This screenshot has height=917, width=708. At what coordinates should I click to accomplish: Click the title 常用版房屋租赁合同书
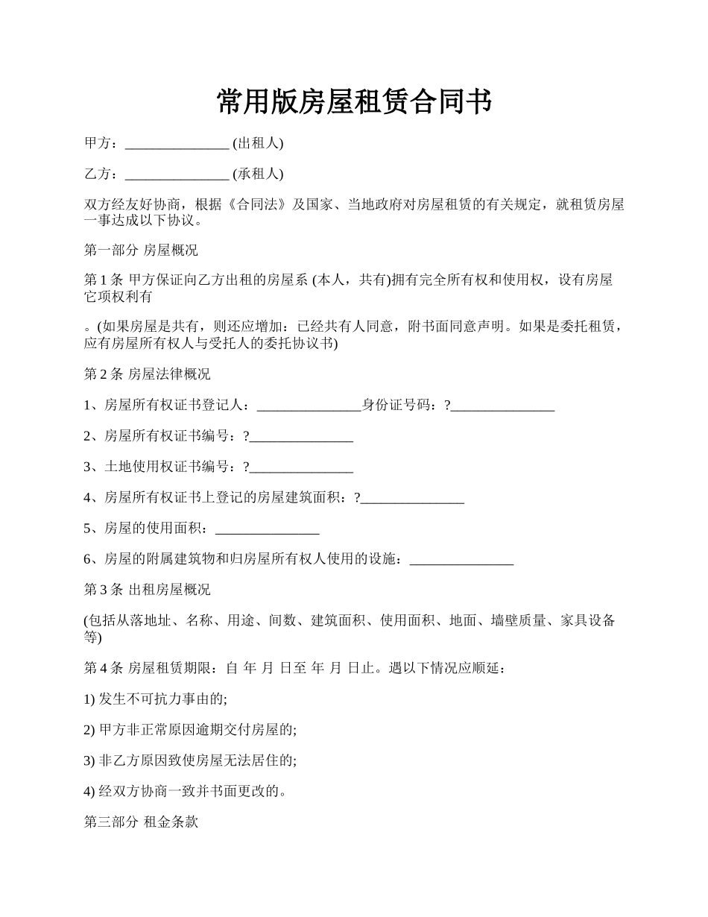354,102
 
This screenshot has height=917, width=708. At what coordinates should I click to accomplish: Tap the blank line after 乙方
177,175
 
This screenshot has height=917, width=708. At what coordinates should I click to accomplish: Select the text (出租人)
258,143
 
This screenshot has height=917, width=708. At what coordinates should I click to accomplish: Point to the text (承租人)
258,174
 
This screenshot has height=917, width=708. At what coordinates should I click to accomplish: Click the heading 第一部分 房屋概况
141,250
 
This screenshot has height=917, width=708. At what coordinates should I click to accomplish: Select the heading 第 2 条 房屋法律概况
148,374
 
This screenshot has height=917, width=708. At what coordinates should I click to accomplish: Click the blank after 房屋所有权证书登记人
309,407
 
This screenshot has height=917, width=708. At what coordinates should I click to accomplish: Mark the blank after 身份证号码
503,407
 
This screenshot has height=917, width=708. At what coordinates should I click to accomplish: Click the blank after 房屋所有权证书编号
301,438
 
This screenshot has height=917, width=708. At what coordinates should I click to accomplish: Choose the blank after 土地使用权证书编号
301,468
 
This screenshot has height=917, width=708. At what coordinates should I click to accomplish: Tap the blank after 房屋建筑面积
412,500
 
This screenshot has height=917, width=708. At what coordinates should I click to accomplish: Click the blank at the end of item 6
462,561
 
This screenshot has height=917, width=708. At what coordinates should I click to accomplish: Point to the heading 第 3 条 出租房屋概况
148,590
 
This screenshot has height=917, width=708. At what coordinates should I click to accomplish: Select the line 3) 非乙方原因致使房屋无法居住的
191,760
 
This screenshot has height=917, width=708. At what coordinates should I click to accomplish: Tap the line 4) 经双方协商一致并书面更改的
186,792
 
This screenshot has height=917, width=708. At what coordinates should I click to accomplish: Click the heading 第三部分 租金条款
141,822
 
